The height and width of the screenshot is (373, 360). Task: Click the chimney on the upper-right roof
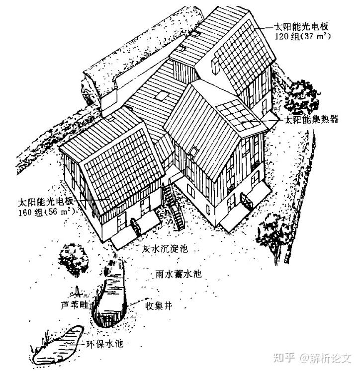point(215,66)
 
